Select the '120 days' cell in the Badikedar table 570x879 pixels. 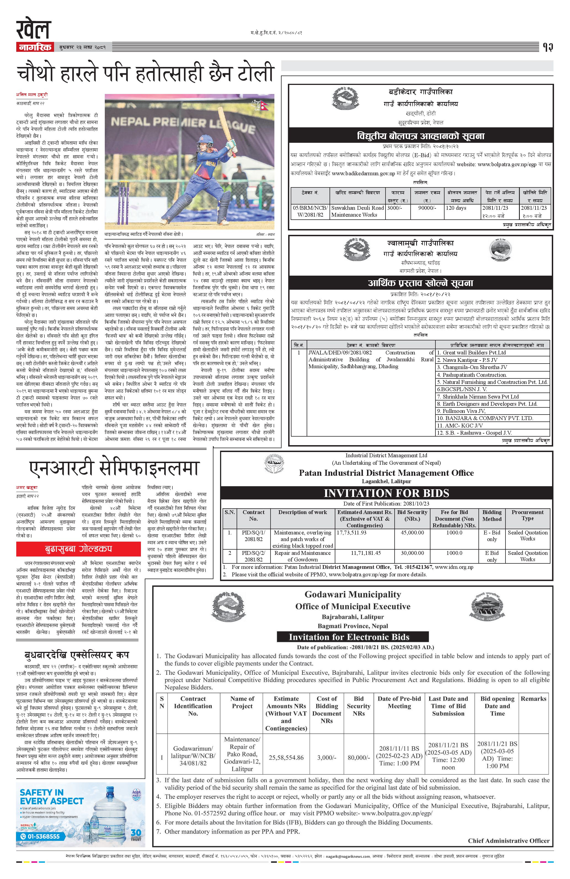point(456,208)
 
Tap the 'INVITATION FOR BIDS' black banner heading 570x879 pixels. point(386,493)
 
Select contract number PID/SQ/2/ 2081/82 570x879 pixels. point(253,556)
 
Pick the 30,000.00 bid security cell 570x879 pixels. point(412,553)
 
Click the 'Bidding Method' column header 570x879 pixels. point(492,516)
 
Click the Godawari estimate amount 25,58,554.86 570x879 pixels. point(286,757)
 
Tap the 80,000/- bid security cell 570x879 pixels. point(358,757)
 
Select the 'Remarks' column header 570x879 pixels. point(533,699)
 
